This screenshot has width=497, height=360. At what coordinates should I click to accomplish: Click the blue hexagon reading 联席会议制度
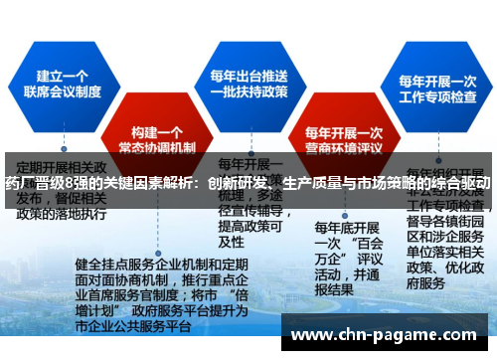point(71,85)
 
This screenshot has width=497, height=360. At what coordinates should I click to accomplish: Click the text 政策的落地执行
point(62,213)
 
